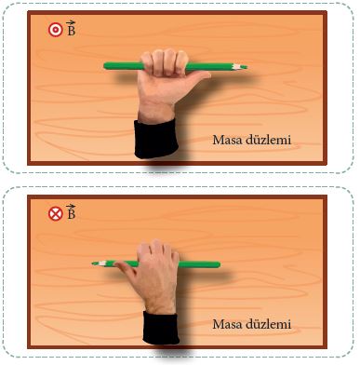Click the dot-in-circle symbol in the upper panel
point(56,30)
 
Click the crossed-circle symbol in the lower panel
point(56,214)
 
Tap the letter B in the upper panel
point(72,31)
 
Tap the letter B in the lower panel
point(72,214)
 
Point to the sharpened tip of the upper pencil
point(247,67)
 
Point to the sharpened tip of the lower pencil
point(93,264)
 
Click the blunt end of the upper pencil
point(105,66)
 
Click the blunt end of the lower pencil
point(219,264)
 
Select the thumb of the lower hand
point(124,267)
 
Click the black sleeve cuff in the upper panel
point(156,139)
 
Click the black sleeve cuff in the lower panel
point(161,328)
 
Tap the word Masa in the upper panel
point(227,140)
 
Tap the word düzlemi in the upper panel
point(269,140)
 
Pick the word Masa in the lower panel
point(227,324)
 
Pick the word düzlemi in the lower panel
point(269,324)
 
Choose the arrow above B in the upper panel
point(71,22)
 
